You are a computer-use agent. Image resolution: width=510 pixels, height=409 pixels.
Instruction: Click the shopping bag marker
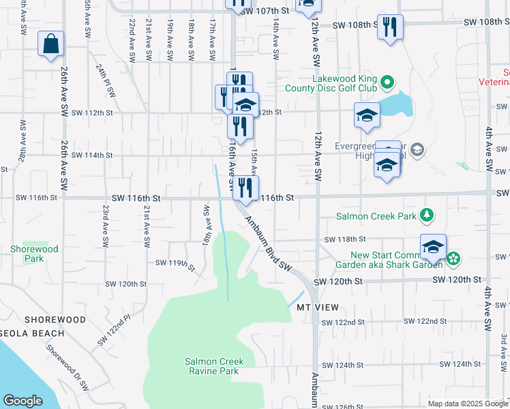[51, 44]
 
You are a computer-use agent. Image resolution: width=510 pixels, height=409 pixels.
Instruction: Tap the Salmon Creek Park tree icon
[427, 215]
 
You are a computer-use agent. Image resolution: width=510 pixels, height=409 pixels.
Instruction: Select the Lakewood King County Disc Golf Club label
[344, 83]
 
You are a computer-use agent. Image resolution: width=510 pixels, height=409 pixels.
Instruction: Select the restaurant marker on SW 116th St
[245, 188]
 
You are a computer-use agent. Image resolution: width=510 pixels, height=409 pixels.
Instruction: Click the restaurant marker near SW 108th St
[390, 27]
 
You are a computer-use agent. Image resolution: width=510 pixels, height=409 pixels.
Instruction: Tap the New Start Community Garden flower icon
[453, 258]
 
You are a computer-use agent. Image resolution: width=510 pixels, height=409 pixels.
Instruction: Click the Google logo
[22, 401]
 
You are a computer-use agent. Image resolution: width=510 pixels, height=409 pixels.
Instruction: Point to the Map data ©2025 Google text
[467, 404]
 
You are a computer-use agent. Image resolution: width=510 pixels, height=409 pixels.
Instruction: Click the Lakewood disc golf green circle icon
[387, 83]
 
